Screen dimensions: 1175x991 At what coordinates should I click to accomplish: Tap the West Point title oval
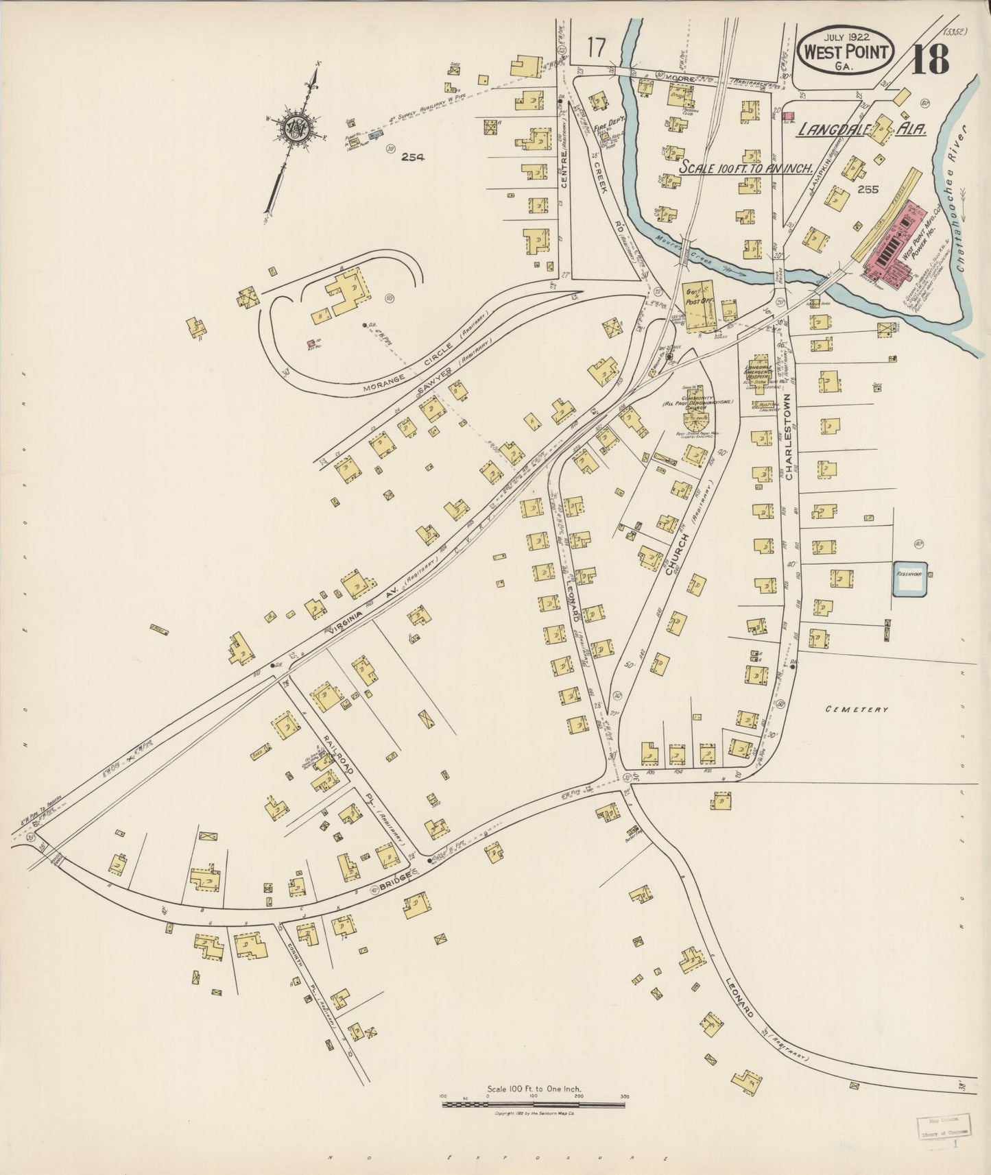(848, 51)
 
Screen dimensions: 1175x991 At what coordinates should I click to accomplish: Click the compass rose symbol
(296, 128)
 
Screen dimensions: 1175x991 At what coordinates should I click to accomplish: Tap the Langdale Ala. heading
(861, 130)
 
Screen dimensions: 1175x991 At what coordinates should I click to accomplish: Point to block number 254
(414, 157)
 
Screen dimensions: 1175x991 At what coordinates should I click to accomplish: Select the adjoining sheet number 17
(597, 49)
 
